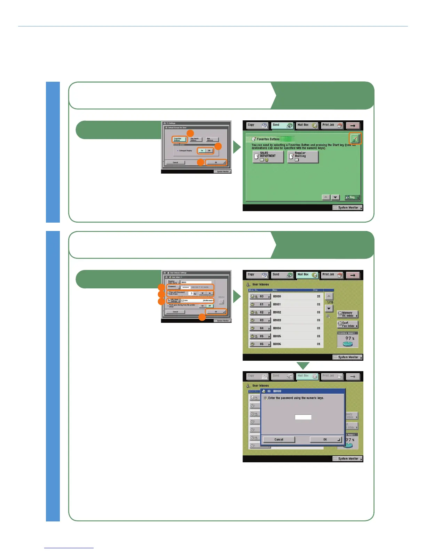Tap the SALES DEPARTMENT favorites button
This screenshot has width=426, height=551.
point(268,157)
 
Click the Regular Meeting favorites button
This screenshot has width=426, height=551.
point(303,157)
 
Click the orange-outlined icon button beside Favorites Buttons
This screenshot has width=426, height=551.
point(355,139)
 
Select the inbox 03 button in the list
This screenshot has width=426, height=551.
point(260,320)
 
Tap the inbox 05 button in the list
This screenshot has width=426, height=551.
point(260,336)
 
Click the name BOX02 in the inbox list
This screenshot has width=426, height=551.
point(277,312)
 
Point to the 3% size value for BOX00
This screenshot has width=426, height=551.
point(318,296)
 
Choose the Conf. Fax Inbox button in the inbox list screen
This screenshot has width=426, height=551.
point(347,325)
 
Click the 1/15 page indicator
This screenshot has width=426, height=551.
point(330,303)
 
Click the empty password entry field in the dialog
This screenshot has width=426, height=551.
point(303,417)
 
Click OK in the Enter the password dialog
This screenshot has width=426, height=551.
point(325,440)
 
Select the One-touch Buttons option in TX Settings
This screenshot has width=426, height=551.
point(194,139)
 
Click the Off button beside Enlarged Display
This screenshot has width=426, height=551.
point(209,151)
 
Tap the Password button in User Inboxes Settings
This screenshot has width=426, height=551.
point(173,287)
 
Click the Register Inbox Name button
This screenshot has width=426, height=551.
point(173,282)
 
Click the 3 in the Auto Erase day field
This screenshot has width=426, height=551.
point(191,294)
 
